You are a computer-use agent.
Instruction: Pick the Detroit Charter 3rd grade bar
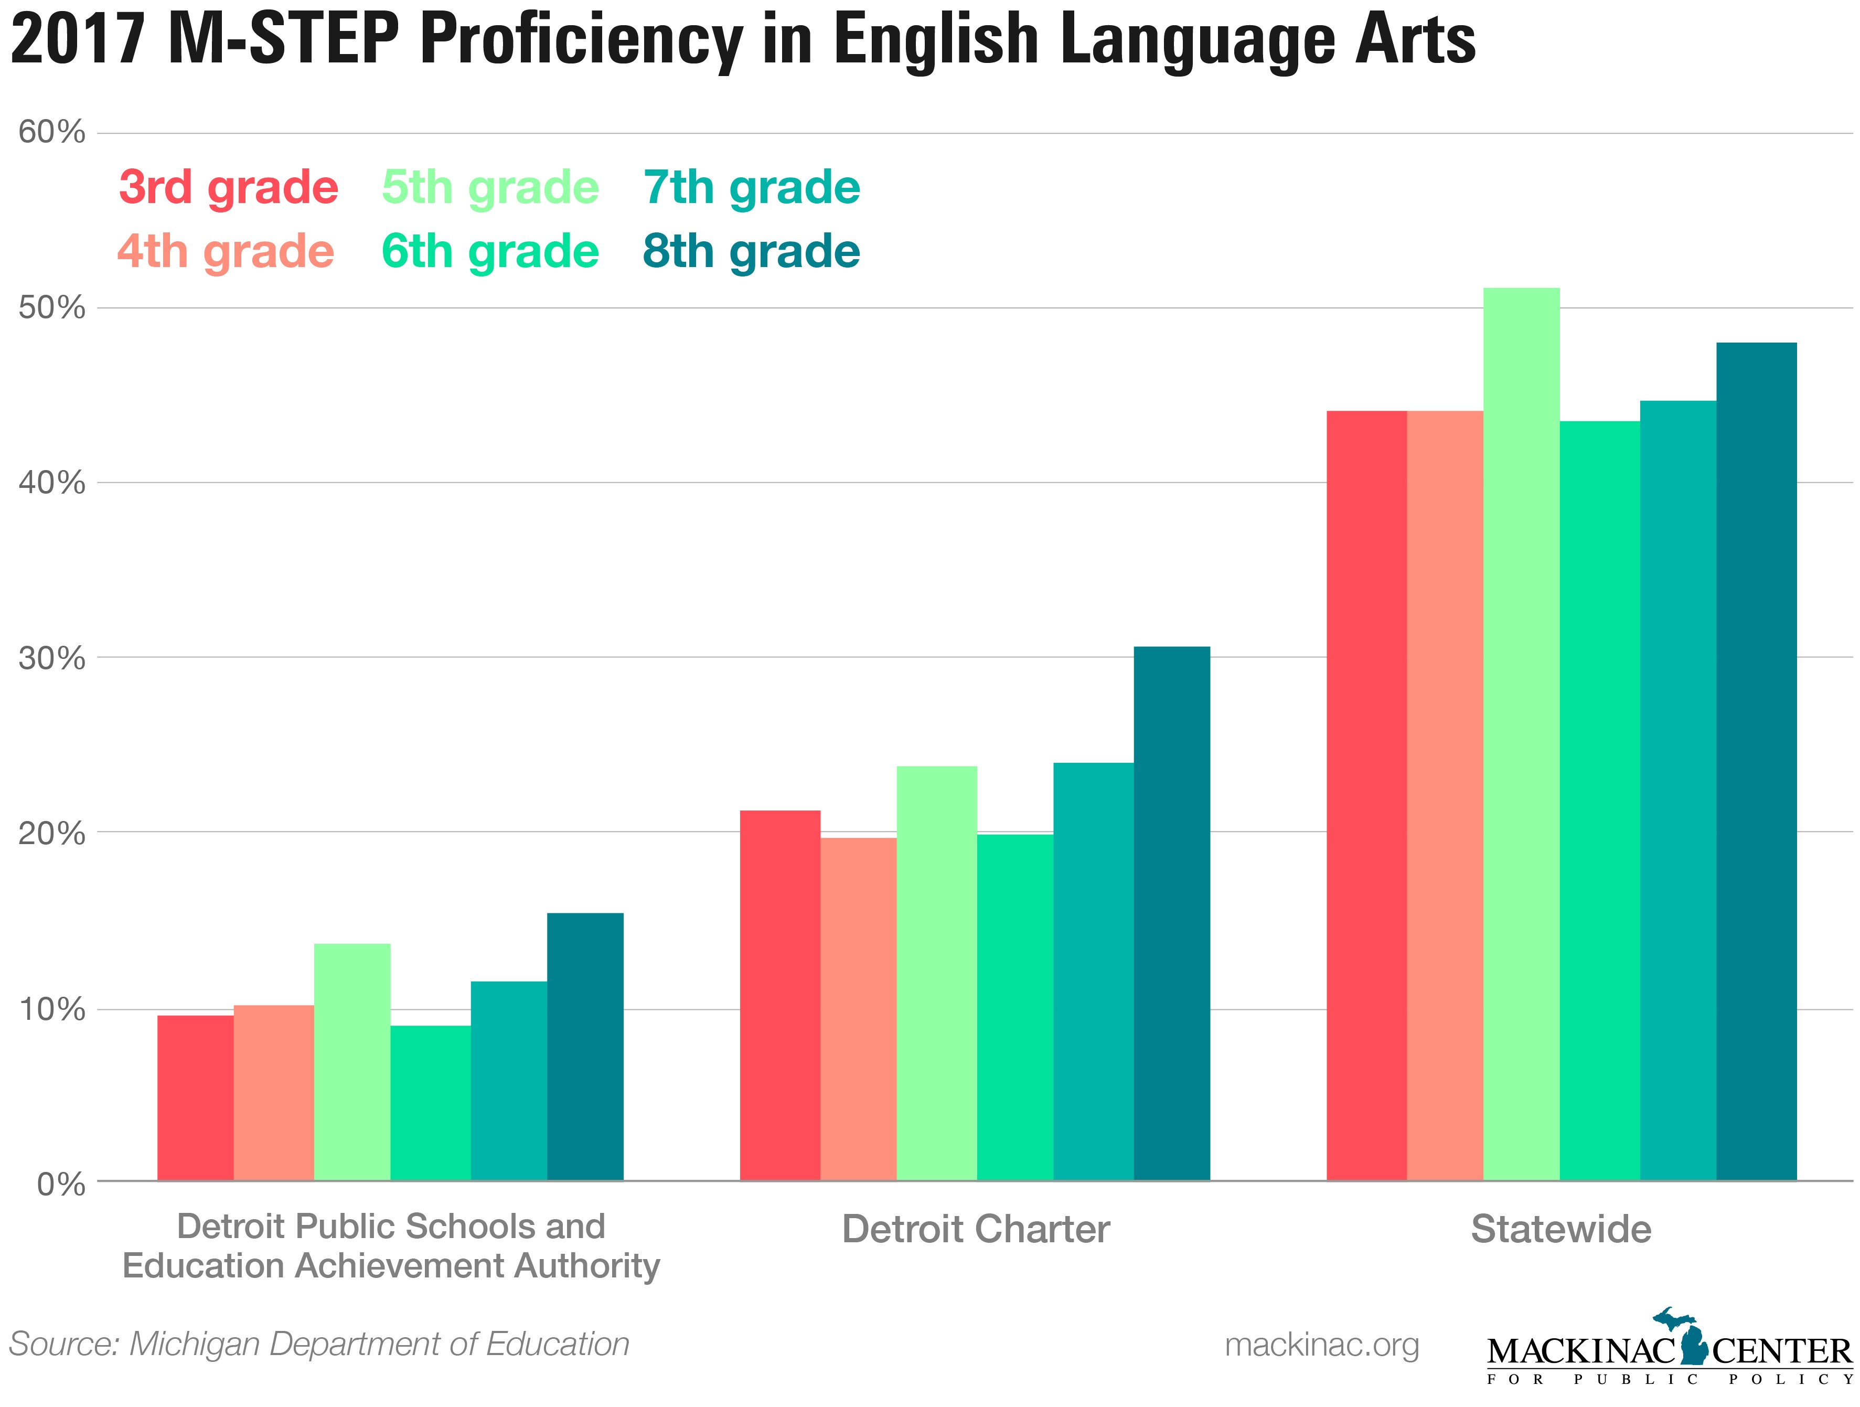click(x=779, y=995)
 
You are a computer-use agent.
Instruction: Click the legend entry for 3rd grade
click(x=228, y=187)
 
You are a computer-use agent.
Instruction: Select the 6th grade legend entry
click(x=490, y=251)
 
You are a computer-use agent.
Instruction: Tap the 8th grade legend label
click(x=752, y=251)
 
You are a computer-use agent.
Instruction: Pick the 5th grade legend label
click(x=490, y=187)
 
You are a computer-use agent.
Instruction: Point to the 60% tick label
click(x=52, y=132)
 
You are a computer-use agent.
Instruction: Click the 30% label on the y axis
click(x=52, y=658)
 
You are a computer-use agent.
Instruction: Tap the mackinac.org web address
click(x=1321, y=1344)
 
